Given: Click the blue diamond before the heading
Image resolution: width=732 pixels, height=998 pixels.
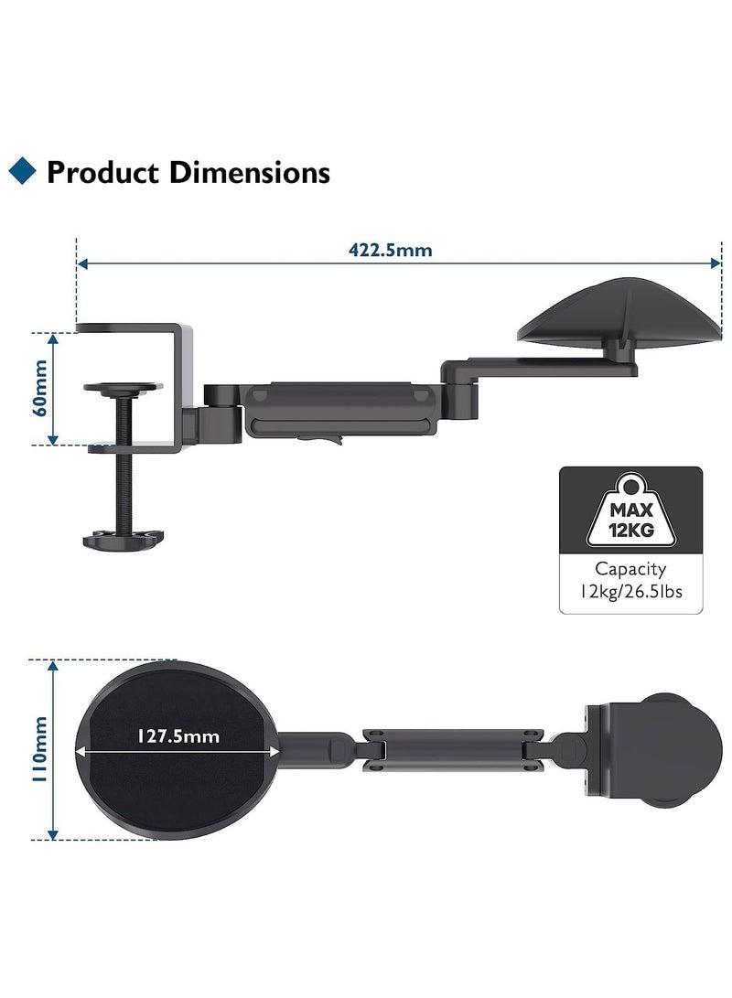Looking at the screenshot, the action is [22, 170].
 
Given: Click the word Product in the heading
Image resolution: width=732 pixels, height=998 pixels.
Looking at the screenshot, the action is [102, 173].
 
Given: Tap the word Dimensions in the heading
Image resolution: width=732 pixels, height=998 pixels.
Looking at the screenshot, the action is [250, 173].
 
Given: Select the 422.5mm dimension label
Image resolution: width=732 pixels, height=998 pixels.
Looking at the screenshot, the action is [390, 250].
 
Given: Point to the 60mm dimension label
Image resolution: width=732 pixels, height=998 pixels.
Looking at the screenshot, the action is [39, 388].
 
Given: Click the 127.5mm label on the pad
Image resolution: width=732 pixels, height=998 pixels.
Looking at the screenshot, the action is [178, 736].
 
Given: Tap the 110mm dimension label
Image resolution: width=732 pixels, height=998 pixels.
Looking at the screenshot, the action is [39, 749].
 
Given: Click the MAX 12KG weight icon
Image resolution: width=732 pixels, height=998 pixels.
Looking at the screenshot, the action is [630, 510].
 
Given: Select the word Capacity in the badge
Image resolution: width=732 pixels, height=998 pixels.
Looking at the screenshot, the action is [630, 569].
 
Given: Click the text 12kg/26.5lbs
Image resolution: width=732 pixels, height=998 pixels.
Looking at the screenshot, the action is [630, 591].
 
